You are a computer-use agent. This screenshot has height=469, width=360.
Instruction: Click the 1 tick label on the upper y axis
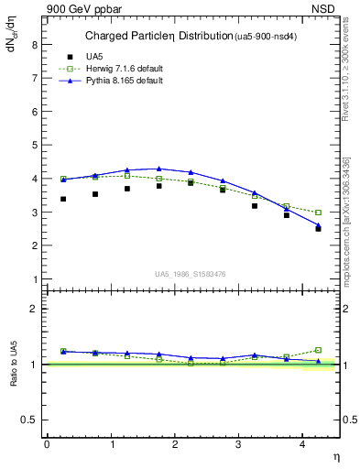[35, 279]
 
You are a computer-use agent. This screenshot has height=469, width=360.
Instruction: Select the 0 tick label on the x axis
[47, 444]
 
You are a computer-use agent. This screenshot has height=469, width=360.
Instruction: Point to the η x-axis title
[334, 457]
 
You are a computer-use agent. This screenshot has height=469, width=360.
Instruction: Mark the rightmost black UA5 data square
[319, 228]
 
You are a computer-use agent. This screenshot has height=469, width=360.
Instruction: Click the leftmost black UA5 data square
[63, 199]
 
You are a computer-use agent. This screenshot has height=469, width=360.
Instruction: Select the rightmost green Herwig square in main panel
[319, 213]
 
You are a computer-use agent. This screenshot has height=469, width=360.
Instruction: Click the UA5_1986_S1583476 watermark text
[192, 274]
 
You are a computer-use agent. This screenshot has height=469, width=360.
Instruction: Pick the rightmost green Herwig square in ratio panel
[319, 350]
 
